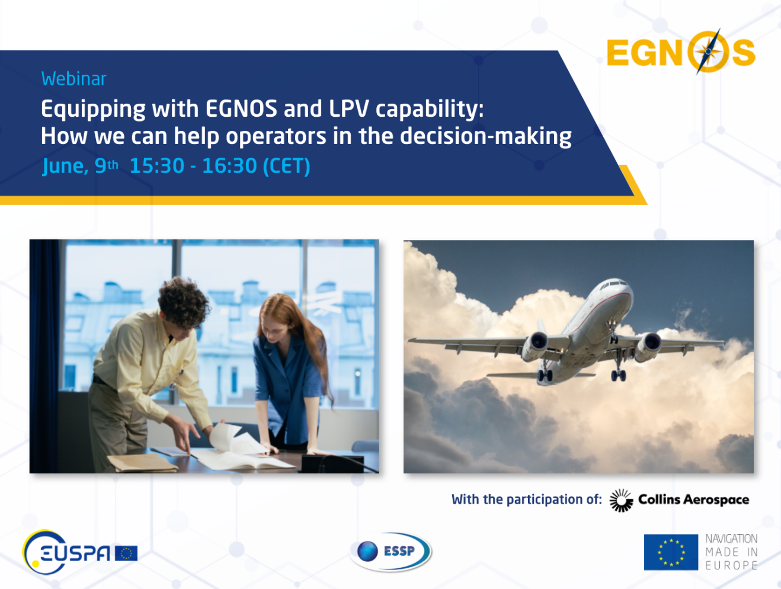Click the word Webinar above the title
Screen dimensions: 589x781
[x=73, y=79]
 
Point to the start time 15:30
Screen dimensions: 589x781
[x=157, y=166]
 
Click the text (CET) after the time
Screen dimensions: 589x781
[x=286, y=166]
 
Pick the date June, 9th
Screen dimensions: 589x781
[x=80, y=166]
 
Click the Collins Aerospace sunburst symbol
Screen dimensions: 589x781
[x=621, y=500]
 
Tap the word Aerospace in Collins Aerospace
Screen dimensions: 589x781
[x=716, y=500]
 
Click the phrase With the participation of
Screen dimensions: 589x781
[x=526, y=500]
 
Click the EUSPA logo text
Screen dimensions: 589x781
[x=75, y=553]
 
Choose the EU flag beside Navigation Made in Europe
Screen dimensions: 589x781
[x=671, y=552]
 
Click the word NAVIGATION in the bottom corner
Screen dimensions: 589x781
[x=731, y=539]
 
